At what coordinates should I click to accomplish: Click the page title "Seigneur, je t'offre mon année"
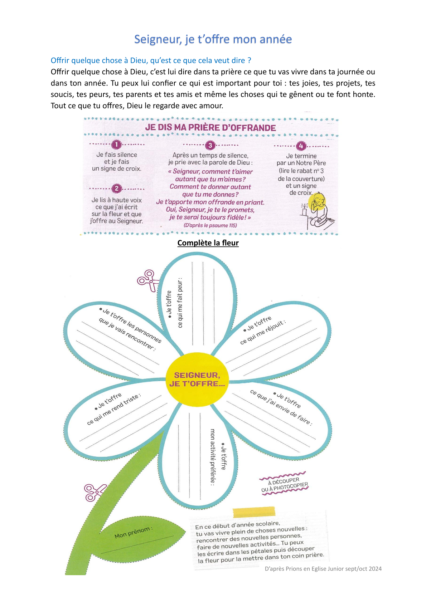click(x=213, y=39)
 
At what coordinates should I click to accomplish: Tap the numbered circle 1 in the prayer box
click(x=116, y=145)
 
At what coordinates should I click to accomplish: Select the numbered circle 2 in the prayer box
click(x=116, y=189)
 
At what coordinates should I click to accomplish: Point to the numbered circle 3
click(x=210, y=145)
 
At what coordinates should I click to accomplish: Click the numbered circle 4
click(x=301, y=146)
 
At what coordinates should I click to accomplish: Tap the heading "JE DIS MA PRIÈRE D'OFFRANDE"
click(x=210, y=128)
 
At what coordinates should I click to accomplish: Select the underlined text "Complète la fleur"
click(x=208, y=243)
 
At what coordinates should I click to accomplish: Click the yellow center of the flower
click(x=197, y=380)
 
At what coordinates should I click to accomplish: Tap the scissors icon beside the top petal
click(x=147, y=280)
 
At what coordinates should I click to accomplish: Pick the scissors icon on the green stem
click(x=94, y=492)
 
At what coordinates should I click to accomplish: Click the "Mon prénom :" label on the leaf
click(x=134, y=533)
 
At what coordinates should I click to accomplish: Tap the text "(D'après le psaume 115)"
click(x=210, y=225)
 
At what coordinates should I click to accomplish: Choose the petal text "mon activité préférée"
click(x=212, y=456)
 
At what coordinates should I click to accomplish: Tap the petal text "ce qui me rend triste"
click(x=114, y=410)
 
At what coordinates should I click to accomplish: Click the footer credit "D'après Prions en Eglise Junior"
click(x=323, y=568)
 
